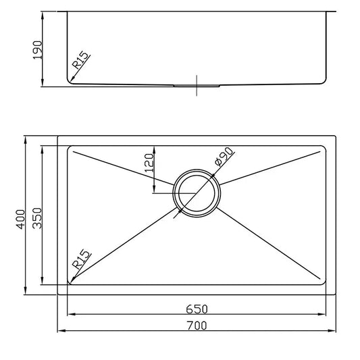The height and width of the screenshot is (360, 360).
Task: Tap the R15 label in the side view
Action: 81,63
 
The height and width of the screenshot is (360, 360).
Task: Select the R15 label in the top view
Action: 80,261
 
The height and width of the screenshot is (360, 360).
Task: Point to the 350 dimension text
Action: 38,217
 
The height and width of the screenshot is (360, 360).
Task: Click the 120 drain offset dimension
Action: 149,162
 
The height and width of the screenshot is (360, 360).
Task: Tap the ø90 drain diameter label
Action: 223,157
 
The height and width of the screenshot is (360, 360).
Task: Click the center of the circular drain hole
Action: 197,194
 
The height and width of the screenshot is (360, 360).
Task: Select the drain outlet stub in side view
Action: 197,86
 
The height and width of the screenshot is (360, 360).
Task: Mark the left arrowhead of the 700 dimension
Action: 61,332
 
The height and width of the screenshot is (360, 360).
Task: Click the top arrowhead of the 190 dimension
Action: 44,14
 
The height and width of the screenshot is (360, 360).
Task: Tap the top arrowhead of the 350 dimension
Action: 43,148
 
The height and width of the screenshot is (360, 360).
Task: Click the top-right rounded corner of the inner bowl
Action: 324,149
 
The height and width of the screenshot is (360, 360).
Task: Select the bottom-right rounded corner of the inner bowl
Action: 324,282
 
